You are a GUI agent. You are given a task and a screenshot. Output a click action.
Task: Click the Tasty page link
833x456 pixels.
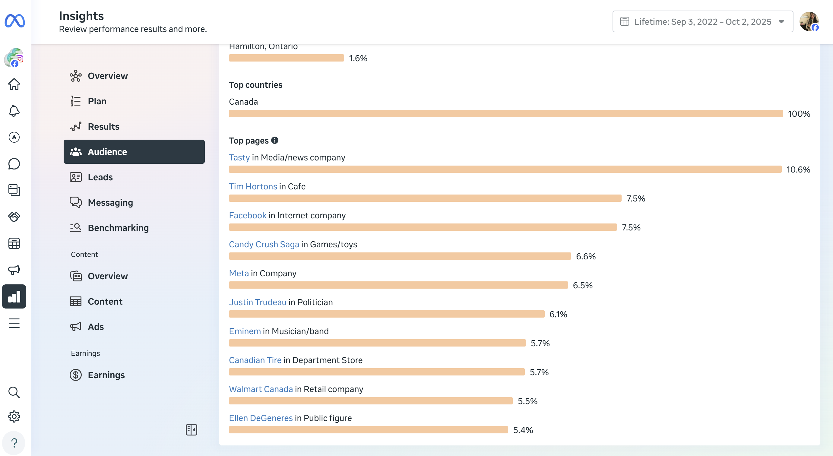coord(239,157)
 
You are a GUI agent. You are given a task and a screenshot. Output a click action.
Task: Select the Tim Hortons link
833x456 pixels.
coord(253,187)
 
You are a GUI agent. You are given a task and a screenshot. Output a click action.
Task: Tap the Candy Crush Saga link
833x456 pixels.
coord(264,245)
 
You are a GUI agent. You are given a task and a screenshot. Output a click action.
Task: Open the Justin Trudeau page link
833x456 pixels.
coord(257,302)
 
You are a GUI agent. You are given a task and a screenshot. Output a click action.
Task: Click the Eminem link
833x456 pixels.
coord(245,331)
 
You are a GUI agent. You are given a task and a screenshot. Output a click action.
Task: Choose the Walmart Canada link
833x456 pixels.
coord(261,389)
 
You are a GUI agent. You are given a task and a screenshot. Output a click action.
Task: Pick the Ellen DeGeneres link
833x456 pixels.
coord(261,418)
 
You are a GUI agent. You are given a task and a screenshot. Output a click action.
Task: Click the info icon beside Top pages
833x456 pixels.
coord(275,140)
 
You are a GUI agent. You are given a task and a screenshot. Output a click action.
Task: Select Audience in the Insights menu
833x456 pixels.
coord(134,152)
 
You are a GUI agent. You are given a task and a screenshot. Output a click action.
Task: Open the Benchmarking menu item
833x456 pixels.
coord(118,228)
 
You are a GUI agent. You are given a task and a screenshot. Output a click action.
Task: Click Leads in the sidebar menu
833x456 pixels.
coord(100,177)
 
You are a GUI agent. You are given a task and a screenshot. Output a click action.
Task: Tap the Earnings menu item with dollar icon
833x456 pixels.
coord(106,375)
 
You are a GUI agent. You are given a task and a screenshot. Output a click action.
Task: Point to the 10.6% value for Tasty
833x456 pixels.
coord(798,169)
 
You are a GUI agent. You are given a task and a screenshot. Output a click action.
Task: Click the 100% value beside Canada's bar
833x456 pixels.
coord(799,114)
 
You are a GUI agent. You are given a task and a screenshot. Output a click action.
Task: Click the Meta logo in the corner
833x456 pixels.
coord(15,21)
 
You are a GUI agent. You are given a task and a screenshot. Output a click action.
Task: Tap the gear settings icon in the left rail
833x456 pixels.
coord(14,416)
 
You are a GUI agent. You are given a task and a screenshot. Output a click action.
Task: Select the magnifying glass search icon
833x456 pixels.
coord(14,392)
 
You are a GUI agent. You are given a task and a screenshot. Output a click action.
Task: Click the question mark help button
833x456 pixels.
coord(14,443)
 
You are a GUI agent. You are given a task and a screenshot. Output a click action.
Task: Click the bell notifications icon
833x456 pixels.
coord(14,111)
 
